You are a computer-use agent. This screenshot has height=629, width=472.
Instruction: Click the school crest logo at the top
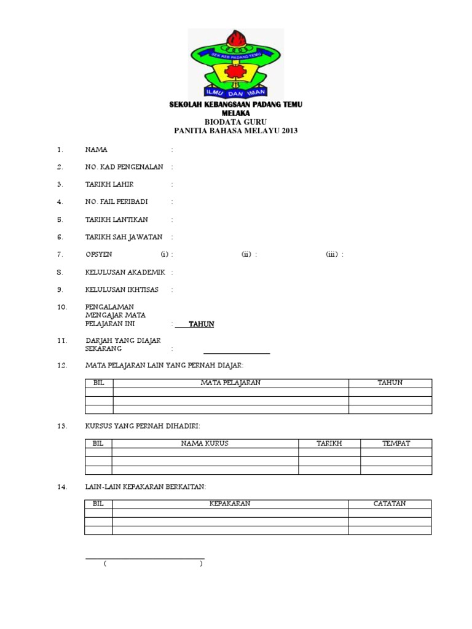tap(235, 63)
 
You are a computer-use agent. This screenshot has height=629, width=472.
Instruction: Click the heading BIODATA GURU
tap(235, 122)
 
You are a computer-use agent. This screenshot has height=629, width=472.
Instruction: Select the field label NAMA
tap(96, 149)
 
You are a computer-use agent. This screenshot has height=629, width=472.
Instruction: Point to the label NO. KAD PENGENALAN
tap(127, 166)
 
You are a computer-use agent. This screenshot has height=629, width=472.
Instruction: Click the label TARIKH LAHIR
tap(109, 184)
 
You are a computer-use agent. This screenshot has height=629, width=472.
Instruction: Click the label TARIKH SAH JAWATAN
tap(124, 236)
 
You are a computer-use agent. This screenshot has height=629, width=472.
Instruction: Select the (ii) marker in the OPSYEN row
tap(246, 254)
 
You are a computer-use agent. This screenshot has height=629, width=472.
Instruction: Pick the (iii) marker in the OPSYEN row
tap(332, 254)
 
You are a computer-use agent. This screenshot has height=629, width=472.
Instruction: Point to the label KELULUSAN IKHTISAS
tap(123, 289)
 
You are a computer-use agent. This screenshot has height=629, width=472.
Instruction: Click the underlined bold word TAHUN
tap(201, 324)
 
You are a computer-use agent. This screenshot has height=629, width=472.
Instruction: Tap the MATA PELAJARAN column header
tap(230, 383)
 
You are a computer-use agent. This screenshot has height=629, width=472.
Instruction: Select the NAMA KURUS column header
tap(205, 443)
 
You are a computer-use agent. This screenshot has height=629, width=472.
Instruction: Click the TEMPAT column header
tap(396, 443)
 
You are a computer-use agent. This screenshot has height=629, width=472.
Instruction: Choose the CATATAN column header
tap(390, 504)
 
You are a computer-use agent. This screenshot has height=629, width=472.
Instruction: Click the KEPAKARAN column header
tap(230, 504)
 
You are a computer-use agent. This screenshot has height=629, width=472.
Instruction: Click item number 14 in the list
tap(61, 487)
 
